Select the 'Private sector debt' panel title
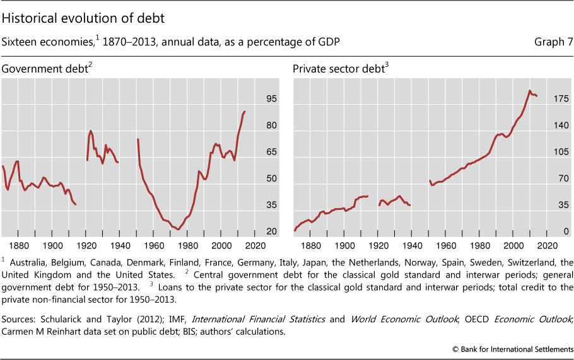point(339,69)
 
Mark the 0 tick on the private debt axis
point(567,232)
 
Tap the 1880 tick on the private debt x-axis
point(310,246)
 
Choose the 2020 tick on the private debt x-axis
point(548,246)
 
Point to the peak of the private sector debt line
point(530,91)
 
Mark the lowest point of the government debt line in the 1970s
point(179,229)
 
